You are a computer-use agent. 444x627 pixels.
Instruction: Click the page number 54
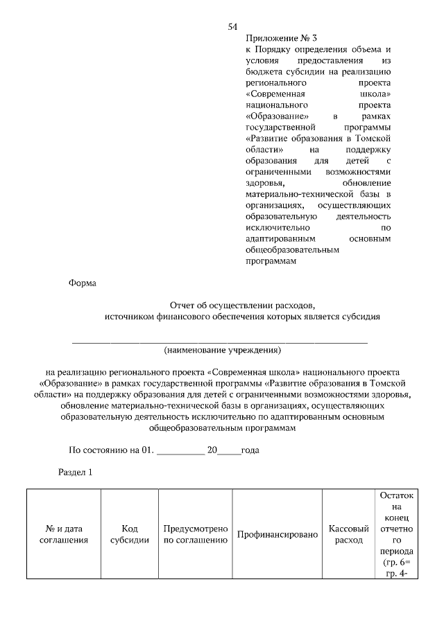click(233, 27)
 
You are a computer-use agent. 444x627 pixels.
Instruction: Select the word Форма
click(83, 283)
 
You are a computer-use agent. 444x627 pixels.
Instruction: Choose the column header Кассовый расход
click(348, 534)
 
